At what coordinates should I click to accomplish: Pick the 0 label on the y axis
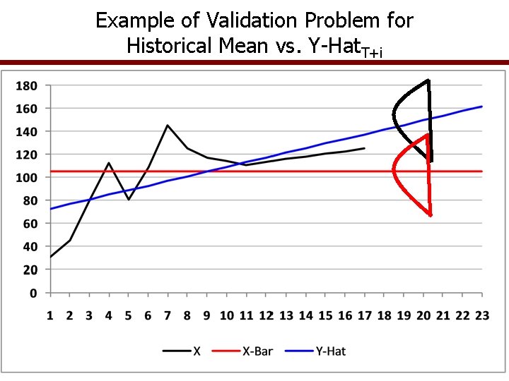[x=34, y=292]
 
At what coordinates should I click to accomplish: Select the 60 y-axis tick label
[x=30, y=223]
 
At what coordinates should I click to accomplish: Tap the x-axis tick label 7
[x=168, y=315]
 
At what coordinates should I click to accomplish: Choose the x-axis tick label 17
[x=363, y=315]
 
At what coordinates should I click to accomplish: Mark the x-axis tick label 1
[x=50, y=315]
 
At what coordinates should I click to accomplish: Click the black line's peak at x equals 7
[x=168, y=126]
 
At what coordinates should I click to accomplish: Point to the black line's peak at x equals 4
[x=109, y=163]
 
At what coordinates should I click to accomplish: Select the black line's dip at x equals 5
[x=129, y=200]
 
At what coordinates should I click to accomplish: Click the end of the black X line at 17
[x=364, y=148]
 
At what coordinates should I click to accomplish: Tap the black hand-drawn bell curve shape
[x=410, y=116]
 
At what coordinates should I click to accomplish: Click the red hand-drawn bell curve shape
[x=410, y=173]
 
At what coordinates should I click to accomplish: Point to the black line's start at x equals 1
[x=50, y=257]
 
